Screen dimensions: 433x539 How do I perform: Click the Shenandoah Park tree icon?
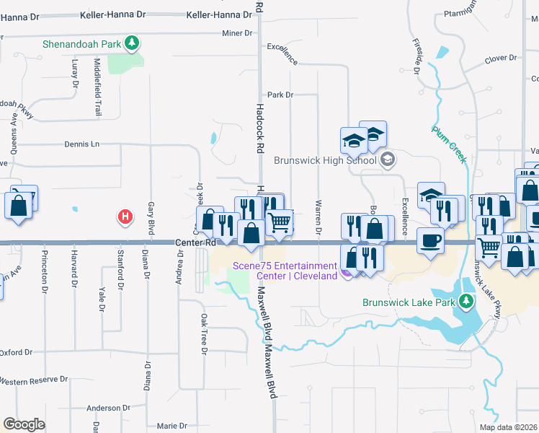(x=131, y=43)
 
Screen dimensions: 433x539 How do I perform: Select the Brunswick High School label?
(x=325, y=160)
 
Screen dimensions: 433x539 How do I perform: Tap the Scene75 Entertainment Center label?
(x=285, y=271)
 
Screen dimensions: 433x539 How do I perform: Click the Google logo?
(x=24, y=424)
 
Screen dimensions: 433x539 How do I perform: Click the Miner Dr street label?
(x=238, y=33)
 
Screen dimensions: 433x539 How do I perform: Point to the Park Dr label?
(x=280, y=95)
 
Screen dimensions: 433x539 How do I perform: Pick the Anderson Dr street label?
(x=107, y=408)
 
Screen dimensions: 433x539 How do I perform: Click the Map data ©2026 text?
(x=507, y=427)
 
